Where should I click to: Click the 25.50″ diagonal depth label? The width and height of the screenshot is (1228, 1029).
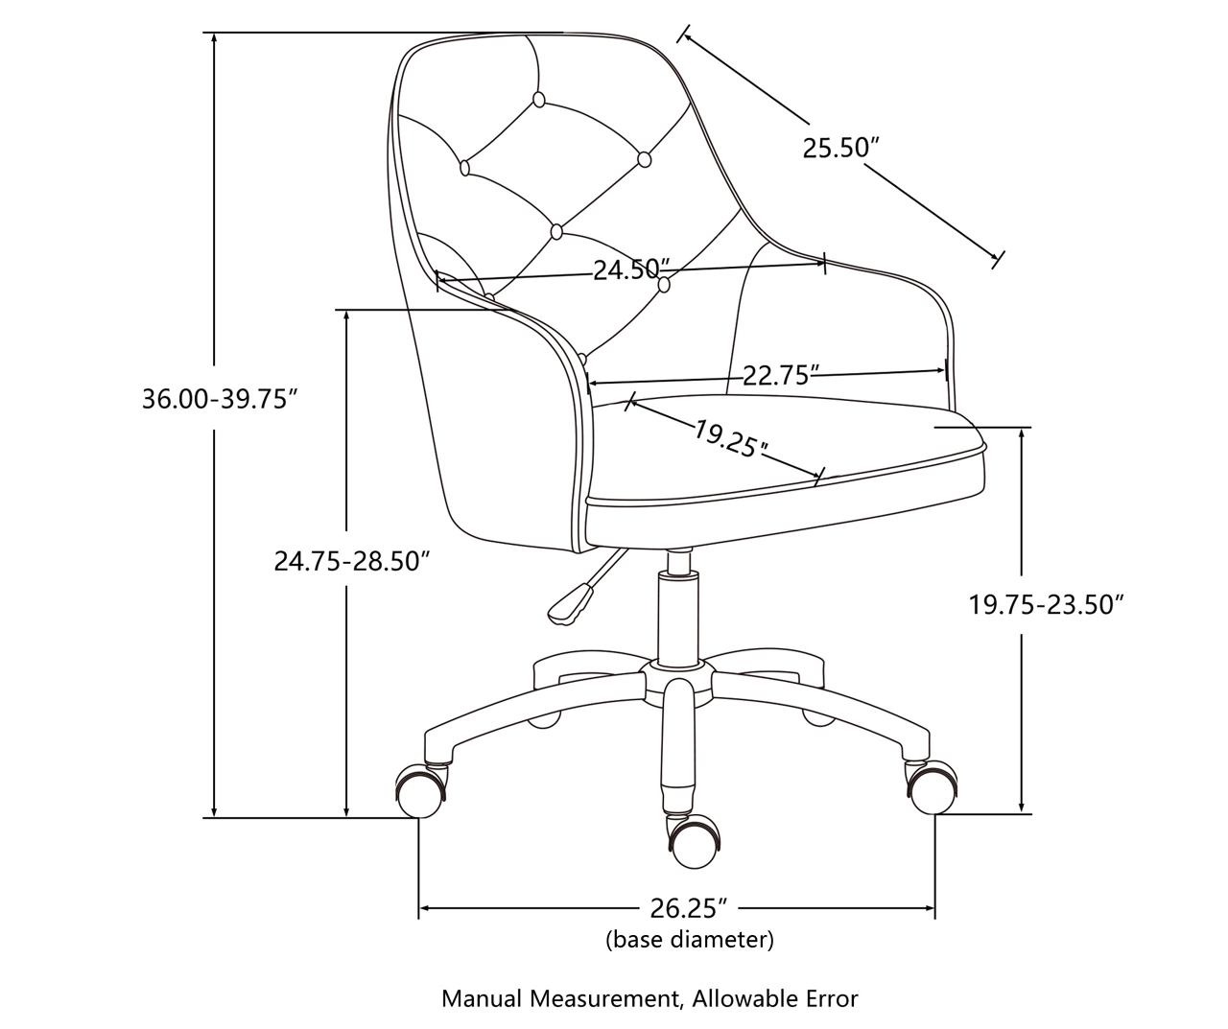(841, 148)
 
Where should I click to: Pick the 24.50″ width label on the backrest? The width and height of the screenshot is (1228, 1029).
(631, 269)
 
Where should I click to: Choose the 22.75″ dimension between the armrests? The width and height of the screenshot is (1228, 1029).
(781, 375)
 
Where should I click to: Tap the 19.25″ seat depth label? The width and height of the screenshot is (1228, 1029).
(731, 438)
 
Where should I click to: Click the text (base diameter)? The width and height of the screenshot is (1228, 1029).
(690, 939)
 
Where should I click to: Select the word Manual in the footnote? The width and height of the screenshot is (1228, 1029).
(482, 998)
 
